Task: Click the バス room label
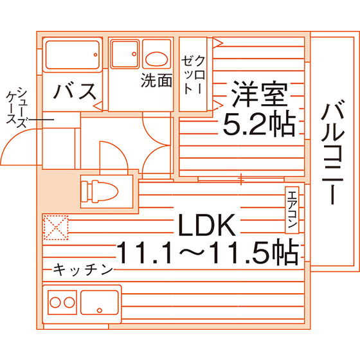(x=75, y=91)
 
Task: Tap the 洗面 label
(x=157, y=80)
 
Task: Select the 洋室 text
(x=259, y=94)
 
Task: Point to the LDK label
(x=207, y=225)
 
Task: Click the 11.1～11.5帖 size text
(x=208, y=251)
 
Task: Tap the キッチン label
(x=83, y=269)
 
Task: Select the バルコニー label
(x=332, y=152)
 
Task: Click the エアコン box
(x=292, y=210)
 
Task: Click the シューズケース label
(x=17, y=107)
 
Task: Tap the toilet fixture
(x=100, y=192)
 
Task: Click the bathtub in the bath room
(x=73, y=55)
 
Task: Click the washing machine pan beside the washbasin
(x=125, y=54)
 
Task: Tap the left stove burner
(x=55, y=302)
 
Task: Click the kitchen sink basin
(x=100, y=302)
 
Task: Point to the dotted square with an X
(x=56, y=228)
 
